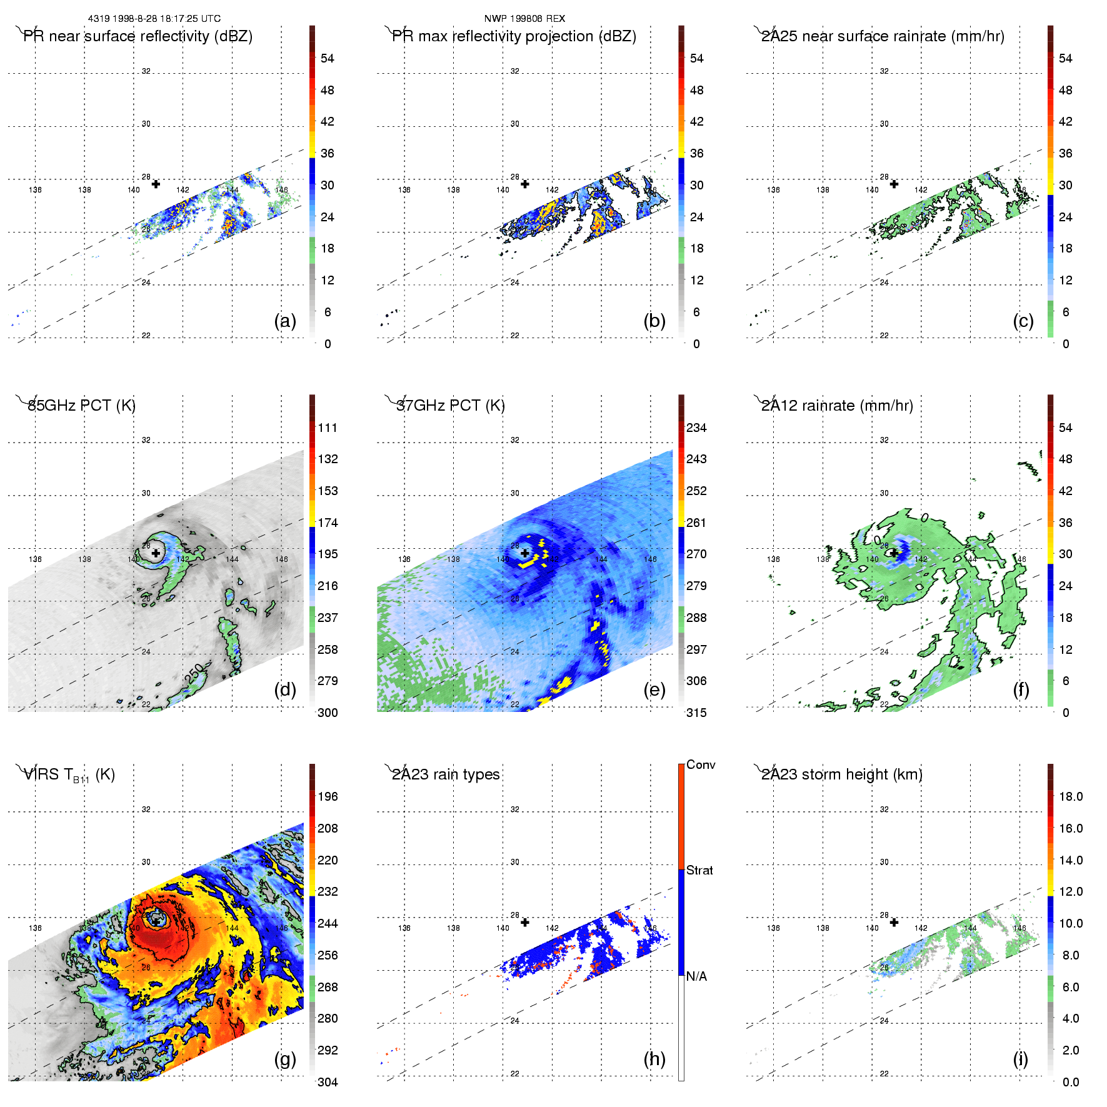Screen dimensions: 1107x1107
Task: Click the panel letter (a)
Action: [285, 321]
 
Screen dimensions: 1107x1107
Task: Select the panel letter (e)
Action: [654, 690]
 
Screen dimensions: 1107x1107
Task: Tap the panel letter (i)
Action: [1020, 1059]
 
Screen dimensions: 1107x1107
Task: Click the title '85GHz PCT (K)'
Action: [81, 406]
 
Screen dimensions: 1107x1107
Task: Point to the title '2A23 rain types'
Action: [446, 774]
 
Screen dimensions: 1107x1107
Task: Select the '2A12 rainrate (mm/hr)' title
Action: [837, 406]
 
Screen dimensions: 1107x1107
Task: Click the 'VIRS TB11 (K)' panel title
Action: [69, 775]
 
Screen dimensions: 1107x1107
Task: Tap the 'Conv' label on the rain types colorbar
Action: [701, 765]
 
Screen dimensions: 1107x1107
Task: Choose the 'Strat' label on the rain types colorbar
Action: [699, 871]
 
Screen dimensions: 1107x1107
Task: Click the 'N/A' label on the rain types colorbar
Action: [696, 976]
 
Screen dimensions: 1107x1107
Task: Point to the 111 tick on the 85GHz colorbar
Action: [328, 428]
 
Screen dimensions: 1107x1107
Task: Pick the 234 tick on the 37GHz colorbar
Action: [696, 428]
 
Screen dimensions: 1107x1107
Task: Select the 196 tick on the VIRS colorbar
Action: [328, 797]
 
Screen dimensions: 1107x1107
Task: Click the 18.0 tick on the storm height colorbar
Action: [1071, 797]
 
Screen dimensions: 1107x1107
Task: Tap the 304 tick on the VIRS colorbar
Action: [328, 1082]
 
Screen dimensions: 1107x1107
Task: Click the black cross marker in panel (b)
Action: [525, 184]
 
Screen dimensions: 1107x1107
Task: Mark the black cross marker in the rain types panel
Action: [525, 923]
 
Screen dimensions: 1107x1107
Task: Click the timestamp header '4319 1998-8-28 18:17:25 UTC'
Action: [154, 19]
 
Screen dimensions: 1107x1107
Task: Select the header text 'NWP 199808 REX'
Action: [524, 19]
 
